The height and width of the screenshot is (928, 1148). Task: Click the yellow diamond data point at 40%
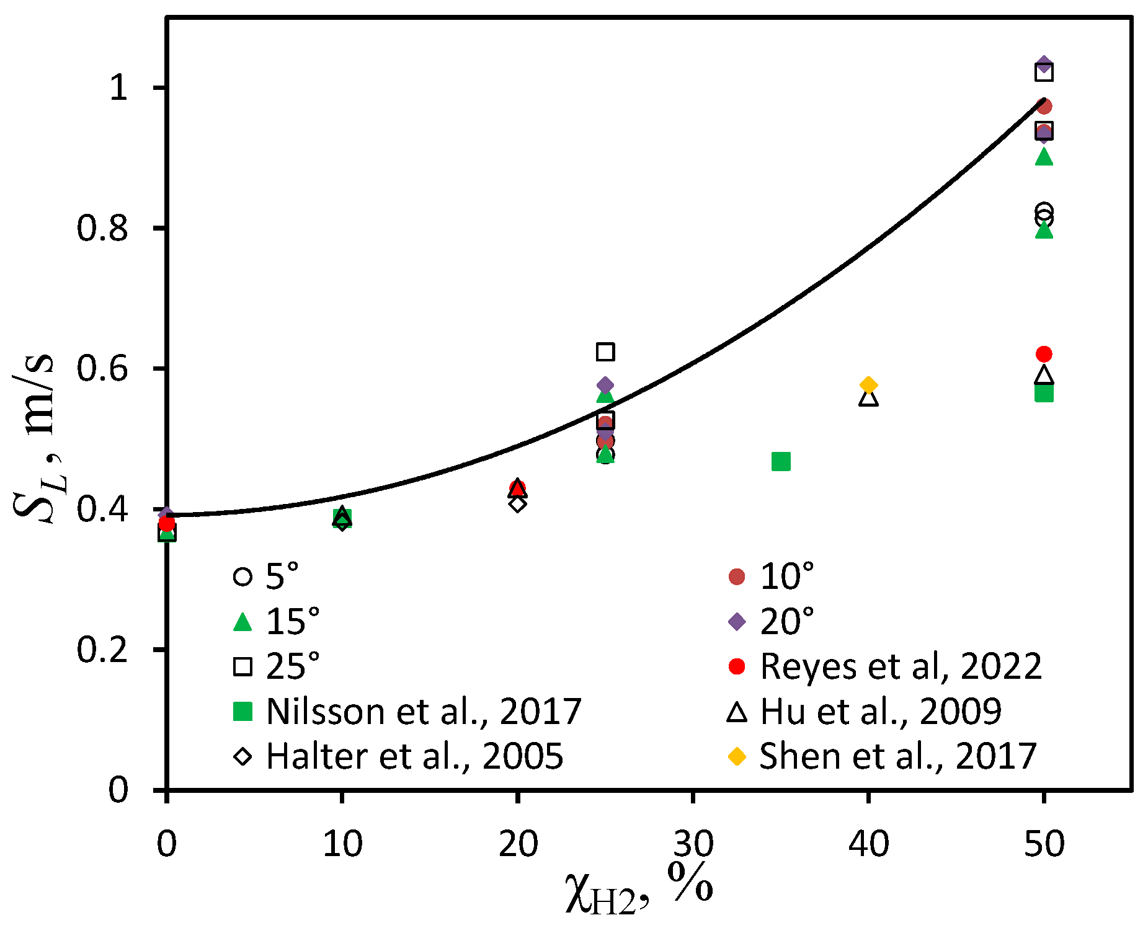click(868, 385)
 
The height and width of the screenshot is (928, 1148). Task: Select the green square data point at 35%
click(781, 461)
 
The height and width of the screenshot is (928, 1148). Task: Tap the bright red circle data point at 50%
click(1044, 354)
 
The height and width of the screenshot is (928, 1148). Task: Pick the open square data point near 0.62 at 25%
click(605, 352)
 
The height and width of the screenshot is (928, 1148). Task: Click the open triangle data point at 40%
click(868, 399)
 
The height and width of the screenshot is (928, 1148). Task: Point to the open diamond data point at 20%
click(518, 503)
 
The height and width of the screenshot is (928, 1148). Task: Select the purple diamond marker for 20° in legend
click(737, 621)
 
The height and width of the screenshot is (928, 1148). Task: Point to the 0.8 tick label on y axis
click(102, 228)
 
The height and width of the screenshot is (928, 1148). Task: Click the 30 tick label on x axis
click(693, 844)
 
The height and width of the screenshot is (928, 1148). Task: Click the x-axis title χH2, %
click(639, 890)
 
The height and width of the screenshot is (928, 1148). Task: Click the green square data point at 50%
click(1044, 394)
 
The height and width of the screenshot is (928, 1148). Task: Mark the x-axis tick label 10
click(342, 844)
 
